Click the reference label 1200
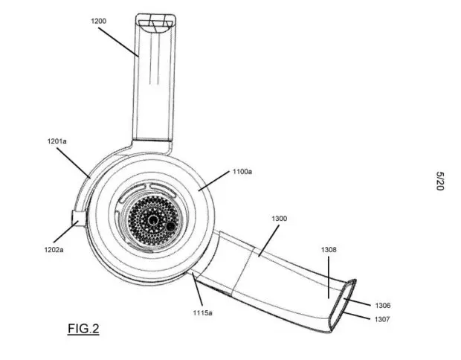(x=98, y=21)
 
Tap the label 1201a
(x=57, y=141)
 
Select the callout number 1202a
(x=54, y=250)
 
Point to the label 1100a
(x=242, y=172)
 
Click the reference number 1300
(x=280, y=219)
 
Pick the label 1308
(x=329, y=250)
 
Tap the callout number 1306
(x=383, y=306)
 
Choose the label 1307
(x=382, y=319)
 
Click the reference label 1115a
(x=202, y=312)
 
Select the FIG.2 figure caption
(x=83, y=329)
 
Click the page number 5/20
(x=440, y=181)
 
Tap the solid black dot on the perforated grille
(x=170, y=226)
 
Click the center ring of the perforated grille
(x=153, y=219)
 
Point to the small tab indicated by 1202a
(x=79, y=218)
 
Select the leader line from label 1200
(x=118, y=42)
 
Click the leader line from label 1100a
(x=213, y=181)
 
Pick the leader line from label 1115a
(x=197, y=289)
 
